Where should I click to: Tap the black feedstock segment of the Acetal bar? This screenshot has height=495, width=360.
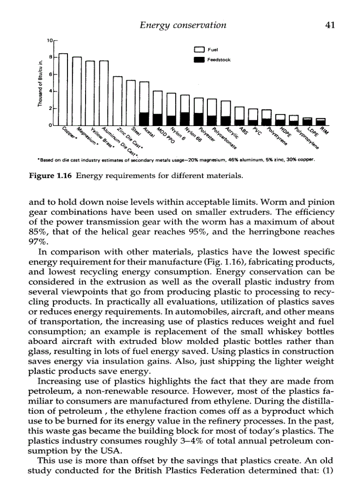pyautogui.click(x=144, y=118)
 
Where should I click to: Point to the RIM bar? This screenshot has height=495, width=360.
pyautogui.click(x=321, y=122)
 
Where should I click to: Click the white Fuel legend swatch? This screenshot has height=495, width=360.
pyautogui.click(x=199, y=49)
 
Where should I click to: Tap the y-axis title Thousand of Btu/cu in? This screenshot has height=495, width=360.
pyautogui.click(x=40, y=84)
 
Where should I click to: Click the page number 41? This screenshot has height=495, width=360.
pyautogui.click(x=330, y=25)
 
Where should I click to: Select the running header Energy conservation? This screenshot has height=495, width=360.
pyautogui.click(x=183, y=25)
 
